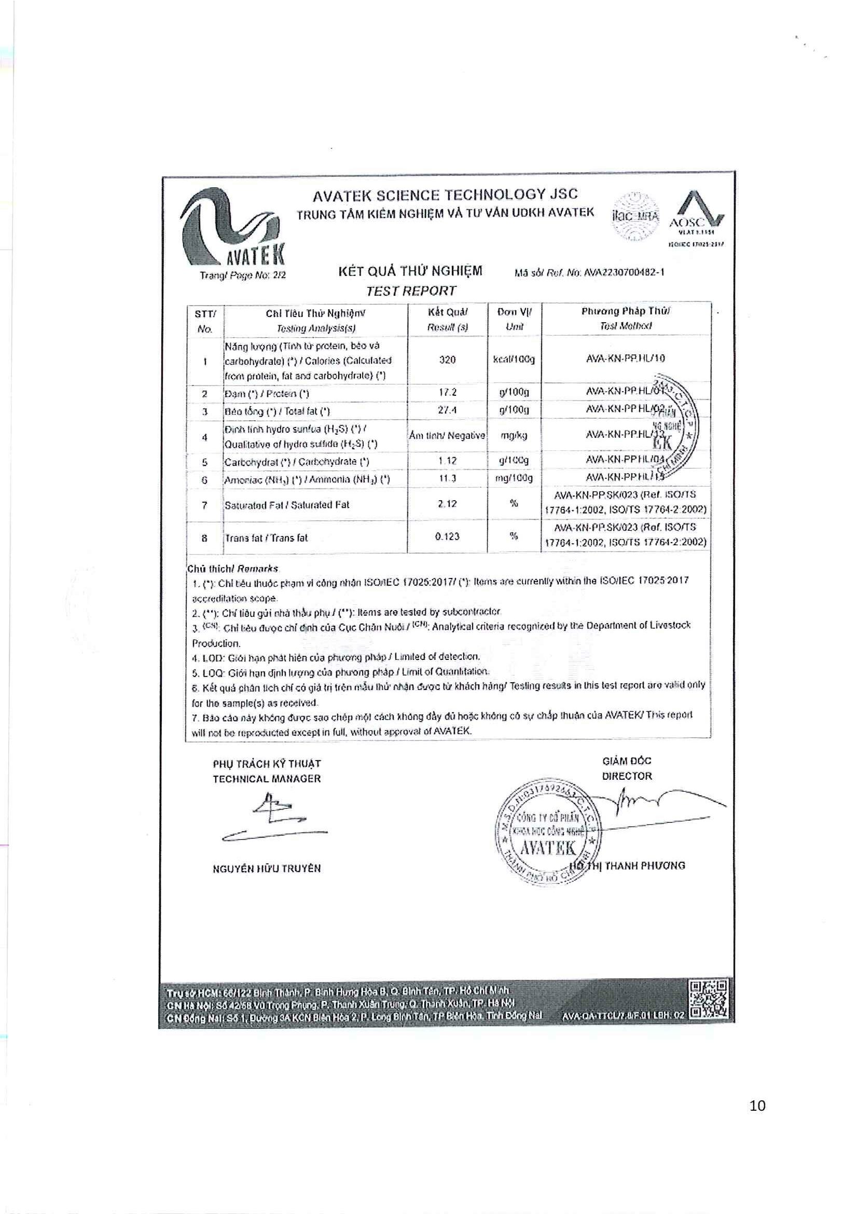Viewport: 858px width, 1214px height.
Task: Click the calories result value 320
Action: coord(447,360)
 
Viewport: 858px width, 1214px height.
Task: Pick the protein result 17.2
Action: coord(447,393)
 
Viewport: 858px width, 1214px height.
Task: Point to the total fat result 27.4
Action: coord(447,410)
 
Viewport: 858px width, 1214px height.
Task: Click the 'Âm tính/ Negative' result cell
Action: coord(447,436)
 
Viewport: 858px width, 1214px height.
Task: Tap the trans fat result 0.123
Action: coord(447,536)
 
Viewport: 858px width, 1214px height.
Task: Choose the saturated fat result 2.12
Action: coord(447,504)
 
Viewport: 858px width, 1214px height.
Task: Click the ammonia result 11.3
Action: coord(447,478)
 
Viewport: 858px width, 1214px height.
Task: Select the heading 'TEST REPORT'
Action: coord(411,291)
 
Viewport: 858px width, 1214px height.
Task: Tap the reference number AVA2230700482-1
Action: coord(624,273)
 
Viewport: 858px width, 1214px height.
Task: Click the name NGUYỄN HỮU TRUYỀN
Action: coord(267,868)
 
